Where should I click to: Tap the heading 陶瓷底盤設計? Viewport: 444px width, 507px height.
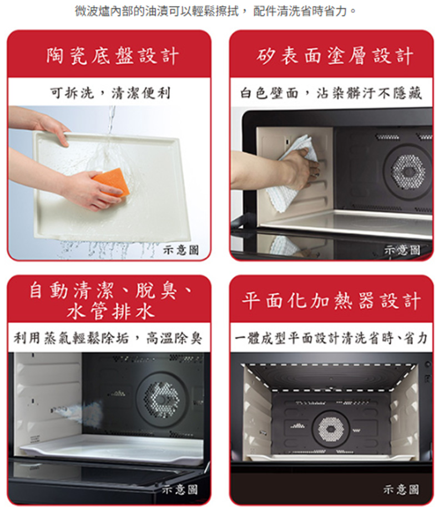[x=112, y=55]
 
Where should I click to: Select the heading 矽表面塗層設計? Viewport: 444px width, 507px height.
[x=335, y=55]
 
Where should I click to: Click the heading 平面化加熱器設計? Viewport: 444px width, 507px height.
[x=331, y=301]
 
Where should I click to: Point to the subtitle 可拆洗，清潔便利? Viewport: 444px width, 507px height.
[x=110, y=93]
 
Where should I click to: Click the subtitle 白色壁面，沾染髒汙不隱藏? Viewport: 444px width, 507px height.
[x=331, y=93]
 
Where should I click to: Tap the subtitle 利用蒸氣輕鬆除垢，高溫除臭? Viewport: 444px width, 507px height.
[x=108, y=338]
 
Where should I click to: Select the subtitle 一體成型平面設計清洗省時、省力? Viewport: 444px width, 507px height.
[x=331, y=338]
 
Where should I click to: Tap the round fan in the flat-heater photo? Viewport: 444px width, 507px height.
[x=331, y=429]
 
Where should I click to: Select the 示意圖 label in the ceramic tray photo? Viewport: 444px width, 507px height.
[x=181, y=249]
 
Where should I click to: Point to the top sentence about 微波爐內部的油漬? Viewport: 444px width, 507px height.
[x=216, y=11]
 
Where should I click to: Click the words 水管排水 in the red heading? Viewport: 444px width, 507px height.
[x=110, y=312]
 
